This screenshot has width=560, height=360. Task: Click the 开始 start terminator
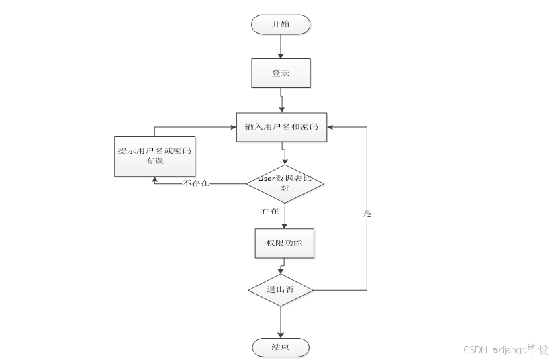coord(281,24)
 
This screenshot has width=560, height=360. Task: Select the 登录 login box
coord(281,73)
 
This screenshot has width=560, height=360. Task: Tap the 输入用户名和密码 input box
coord(281,127)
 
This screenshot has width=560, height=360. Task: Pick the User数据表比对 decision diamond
coord(285,183)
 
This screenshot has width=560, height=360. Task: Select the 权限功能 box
coord(285,242)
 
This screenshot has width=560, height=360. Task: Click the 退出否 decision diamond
coord(281,290)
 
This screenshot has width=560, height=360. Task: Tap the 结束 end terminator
coord(281,347)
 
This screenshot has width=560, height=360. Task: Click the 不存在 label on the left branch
coord(195,183)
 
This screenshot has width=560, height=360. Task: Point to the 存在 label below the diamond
coord(270,211)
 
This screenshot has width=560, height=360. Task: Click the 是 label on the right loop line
coord(367,214)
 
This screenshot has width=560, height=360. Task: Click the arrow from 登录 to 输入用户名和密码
coord(281,100)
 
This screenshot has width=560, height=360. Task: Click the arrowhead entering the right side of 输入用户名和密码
coord(331,126)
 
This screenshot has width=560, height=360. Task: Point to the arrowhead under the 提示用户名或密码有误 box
coord(155,179)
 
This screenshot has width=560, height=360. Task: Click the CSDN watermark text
coord(475,350)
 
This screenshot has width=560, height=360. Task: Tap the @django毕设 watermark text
coord(520,350)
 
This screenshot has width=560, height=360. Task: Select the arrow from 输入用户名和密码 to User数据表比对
coord(285,154)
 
